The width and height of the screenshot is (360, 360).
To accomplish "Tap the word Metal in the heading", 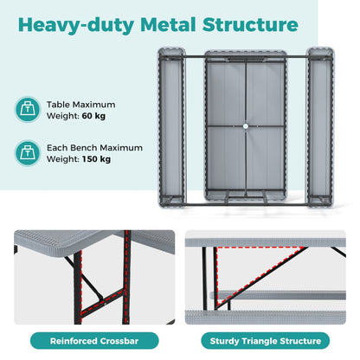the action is (x=168, y=24).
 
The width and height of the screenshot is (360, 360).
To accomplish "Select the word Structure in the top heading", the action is (x=250, y=24).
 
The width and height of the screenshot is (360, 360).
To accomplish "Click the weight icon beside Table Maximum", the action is (x=28, y=109).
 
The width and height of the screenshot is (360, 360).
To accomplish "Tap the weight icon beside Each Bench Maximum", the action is (x=28, y=152).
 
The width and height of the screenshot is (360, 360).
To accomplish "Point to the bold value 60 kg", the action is (x=93, y=116).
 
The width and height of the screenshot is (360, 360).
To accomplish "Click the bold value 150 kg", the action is (x=96, y=159).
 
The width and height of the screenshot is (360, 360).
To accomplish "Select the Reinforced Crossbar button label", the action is (x=94, y=341).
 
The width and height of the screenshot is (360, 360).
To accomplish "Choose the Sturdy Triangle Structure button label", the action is (x=266, y=341).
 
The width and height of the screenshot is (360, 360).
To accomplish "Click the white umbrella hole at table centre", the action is (x=246, y=126).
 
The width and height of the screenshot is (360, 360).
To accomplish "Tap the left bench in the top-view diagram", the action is (x=171, y=127).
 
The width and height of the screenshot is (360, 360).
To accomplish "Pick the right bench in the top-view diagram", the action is (x=320, y=127).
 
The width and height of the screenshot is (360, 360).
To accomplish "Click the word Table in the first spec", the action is (x=55, y=105).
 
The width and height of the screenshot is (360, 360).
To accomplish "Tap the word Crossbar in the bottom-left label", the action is (x=119, y=341).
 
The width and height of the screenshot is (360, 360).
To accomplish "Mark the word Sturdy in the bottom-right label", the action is (x=225, y=341).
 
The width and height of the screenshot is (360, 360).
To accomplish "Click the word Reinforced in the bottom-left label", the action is (x=74, y=341).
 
